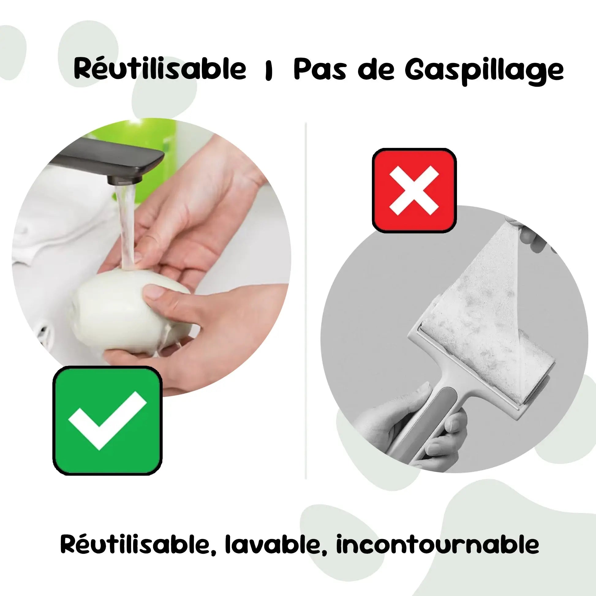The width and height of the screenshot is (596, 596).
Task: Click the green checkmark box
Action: (108, 421)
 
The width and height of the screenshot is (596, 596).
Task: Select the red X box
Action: (414, 190)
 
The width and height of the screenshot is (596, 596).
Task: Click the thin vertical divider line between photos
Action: (305, 301)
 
